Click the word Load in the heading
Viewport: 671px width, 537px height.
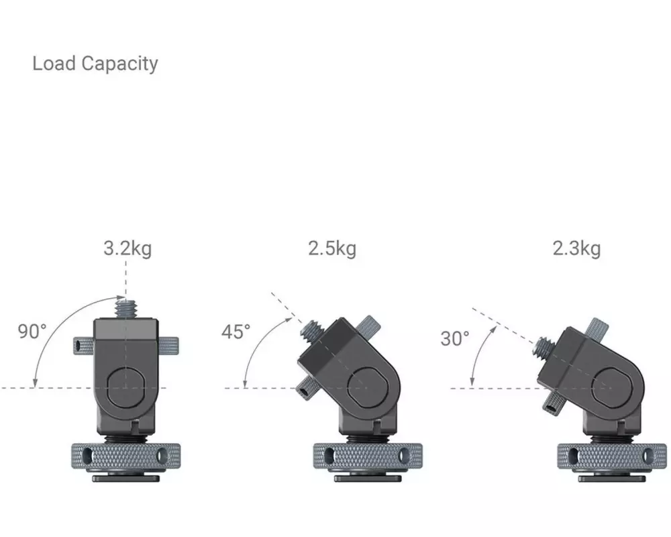(54, 63)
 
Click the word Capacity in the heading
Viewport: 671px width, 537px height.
(120, 64)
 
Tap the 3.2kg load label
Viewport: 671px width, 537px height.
(127, 248)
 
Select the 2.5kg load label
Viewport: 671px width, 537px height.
(332, 248)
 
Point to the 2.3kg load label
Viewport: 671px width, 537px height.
(576, 248)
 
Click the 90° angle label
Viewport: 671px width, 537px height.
(32, 332)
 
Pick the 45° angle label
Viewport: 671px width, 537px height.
(236, 332)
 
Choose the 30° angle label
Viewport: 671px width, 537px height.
(455, 339)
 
